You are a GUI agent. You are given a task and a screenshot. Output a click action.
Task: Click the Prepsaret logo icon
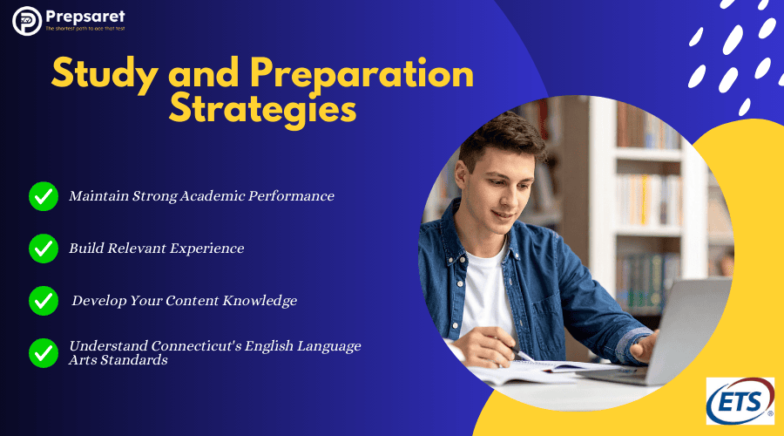tap(27, 20)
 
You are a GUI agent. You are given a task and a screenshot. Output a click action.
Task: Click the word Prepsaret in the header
tap(85, 15)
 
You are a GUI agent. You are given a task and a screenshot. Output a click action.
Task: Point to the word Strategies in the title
tap(262, 111)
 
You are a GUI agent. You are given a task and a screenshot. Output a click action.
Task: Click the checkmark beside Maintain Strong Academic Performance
tap(43, 196)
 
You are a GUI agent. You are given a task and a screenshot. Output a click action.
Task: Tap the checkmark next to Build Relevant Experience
tap(43, 249)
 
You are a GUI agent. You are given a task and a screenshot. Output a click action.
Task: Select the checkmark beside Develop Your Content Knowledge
tap(43, 301)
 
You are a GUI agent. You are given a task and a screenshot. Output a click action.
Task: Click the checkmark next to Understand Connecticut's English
tap(43, 352)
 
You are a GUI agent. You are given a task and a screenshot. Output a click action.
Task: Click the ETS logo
tap(740, 401)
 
